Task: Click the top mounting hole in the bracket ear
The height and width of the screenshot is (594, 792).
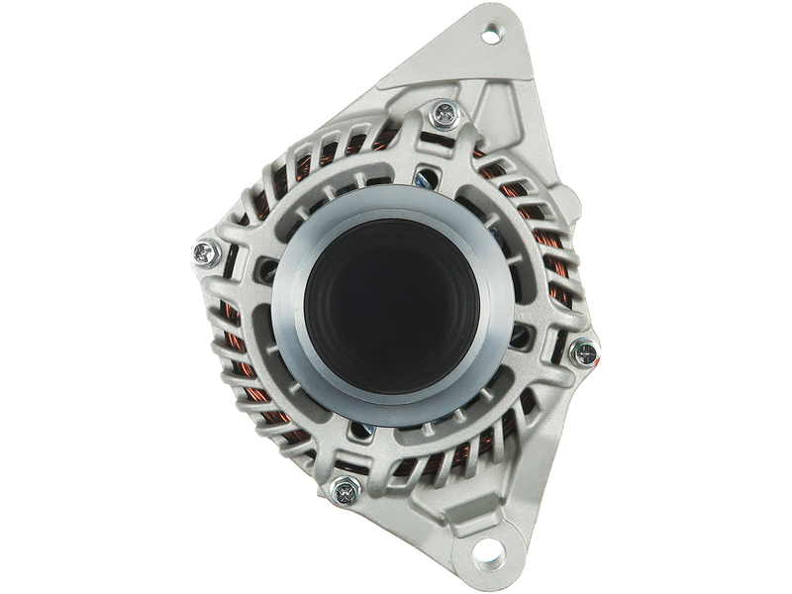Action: pos(489,40)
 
